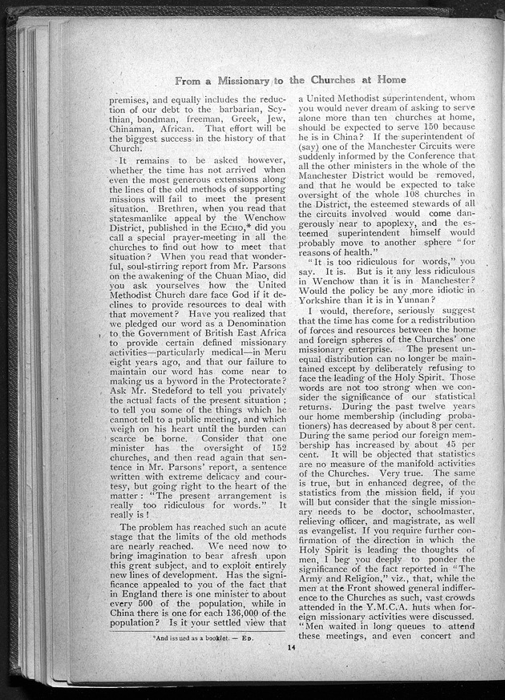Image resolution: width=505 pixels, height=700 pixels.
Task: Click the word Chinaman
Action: tap(135, 128)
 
